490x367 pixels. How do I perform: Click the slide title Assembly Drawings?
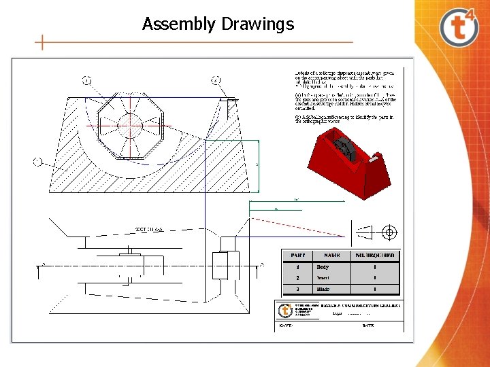[x=218, y=24]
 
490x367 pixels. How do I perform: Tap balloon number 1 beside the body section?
[x=37, y=161]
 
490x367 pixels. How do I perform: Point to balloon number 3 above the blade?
[x=216, y=80]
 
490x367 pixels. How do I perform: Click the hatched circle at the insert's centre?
[x=129, y=124]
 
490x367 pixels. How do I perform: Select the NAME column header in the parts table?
[x=331, y=255]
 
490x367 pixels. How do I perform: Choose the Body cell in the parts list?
[x=323, y=267]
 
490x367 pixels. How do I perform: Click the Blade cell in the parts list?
[x=323, y=289]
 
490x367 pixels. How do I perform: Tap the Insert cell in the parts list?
[x=323, y=278]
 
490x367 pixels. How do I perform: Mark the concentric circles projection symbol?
[x=389, y=233]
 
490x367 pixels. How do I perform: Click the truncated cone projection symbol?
[x=365, y=234]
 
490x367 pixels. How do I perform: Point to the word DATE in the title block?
[x=368, y=326]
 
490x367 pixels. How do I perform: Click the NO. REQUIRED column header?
[x=375, y=255]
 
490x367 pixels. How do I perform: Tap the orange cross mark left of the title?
[x=42, y=43]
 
